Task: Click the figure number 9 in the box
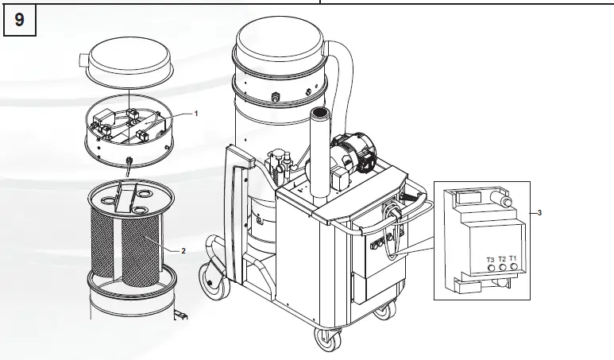pos(19,21)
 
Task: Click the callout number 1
pos(196,113)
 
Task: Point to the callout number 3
pos(540,212)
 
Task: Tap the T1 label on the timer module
pos(513,259)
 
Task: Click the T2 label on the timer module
pos(502,259)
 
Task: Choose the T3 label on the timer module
pos(490,259)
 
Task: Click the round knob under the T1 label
pos(514,269)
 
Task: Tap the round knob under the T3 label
pos(491,269)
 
